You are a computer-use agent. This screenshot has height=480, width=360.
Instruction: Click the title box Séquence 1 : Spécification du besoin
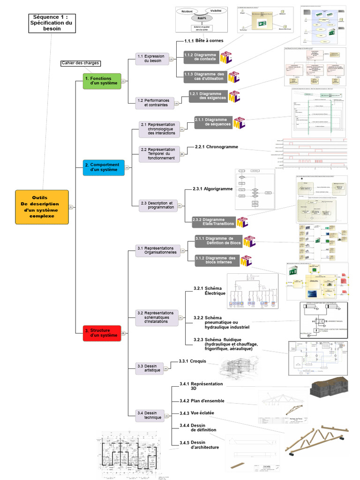click(52, 22)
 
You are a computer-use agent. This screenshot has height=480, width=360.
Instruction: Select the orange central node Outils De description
click(42, 207)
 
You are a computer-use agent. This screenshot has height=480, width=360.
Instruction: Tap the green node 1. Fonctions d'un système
click(102, 81)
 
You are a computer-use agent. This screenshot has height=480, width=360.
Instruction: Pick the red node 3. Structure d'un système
click(102, 333)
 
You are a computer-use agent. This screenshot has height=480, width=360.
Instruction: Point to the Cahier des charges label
click(80, 63)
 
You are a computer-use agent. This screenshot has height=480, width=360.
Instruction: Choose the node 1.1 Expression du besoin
click(151, 59)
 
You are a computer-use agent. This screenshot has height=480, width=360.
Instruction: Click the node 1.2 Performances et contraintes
click(152, 103)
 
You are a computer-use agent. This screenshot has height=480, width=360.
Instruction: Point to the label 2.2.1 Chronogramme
click(216, 147)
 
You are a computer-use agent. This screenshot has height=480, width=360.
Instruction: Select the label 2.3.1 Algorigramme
click(212, 189)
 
